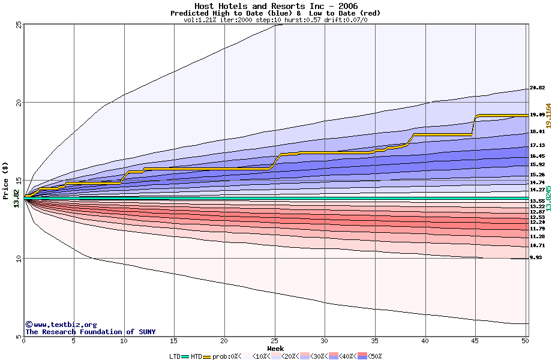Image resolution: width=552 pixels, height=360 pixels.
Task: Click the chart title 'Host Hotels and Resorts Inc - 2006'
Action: point(275,6)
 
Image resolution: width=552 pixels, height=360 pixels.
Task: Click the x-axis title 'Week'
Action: point(275,348)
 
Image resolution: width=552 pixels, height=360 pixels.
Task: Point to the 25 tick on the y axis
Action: point(19,25)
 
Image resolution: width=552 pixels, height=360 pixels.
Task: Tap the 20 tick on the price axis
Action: point(19,103)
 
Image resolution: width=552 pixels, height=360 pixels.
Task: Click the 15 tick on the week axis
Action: point(174,341)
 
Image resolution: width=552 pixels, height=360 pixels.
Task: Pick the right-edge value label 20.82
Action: point(537,88)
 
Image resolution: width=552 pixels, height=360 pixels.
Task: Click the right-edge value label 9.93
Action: point(536,258)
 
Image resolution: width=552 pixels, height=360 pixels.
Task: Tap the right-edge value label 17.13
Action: point(537,145)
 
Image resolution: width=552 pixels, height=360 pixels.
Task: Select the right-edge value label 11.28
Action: point(537,236)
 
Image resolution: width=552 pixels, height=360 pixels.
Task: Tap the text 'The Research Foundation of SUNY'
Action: point(90,332)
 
